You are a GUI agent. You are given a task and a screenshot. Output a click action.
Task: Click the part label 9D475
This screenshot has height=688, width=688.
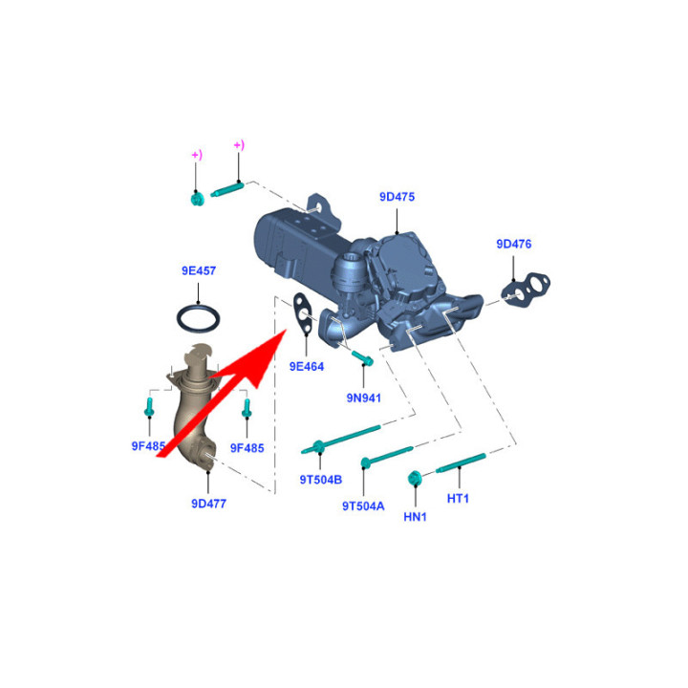click(397, 197)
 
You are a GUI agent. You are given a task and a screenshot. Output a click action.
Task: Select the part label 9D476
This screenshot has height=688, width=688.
click(513, 244)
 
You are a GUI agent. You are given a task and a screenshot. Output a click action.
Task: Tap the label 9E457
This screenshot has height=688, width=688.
click(199, 270)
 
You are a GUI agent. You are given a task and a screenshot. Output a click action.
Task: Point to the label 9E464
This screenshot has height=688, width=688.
click(307, 366)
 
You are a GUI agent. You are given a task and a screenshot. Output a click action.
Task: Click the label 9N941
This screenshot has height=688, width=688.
click(363, 398)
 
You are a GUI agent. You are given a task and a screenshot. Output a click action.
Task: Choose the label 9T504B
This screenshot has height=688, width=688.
click(321, 480)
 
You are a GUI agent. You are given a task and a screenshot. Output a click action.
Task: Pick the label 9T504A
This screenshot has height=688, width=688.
click(363, 506)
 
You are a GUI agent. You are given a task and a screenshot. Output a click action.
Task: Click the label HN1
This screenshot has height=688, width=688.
click(415, 517)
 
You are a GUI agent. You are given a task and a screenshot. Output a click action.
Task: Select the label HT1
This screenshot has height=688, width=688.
click(458, 499)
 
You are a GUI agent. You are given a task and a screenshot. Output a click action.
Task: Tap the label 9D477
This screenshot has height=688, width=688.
click(209, 504)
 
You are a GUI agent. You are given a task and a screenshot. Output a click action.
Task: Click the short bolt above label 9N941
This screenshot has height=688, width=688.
click(362, 358)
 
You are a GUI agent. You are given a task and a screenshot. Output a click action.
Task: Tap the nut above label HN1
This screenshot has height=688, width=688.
click(415, 478)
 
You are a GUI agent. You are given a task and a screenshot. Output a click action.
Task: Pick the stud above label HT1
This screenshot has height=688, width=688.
click(461, 462)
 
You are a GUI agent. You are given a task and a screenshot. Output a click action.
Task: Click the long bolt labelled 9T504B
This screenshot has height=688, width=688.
click(340, 440)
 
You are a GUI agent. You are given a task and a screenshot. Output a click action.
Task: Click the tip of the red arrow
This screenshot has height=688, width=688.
click(287, 329)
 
